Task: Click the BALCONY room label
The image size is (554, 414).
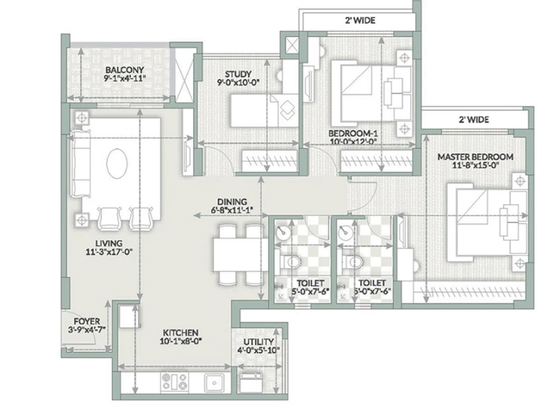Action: coord(125,70)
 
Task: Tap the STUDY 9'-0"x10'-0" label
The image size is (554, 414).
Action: coord(238,78)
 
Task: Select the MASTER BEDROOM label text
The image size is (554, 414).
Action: coord(475,157)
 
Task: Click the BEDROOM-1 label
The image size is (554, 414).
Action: coord(353,134)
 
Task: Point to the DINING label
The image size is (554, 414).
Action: coord(232,201)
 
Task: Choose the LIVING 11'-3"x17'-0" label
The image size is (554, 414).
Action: coord(109,248)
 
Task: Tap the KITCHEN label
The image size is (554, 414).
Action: coord(181,333)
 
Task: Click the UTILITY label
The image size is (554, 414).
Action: coord(258,342)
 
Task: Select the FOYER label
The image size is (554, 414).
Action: coord(87,321)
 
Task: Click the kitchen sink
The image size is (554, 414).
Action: coord(214,382)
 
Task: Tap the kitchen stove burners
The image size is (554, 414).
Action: coord(175,382)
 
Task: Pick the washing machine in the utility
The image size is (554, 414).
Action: coord(251,382)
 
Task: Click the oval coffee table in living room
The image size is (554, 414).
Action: coord(117,163)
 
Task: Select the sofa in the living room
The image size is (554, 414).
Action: coord(80,163)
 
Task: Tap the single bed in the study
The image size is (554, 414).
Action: coord(265,111)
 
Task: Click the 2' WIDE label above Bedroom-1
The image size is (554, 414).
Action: coord(360,21)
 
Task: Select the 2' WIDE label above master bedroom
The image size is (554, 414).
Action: coord(474,120)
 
